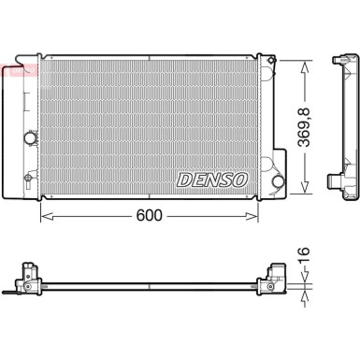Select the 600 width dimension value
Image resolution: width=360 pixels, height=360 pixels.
coord(149,215)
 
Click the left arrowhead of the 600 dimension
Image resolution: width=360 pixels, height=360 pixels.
coord(43,215)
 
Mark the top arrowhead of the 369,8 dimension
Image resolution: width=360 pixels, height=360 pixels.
coord(305,65)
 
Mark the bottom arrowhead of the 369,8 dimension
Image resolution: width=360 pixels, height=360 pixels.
coord(305,192)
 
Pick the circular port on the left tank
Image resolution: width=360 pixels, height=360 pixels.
coord(29,138)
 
